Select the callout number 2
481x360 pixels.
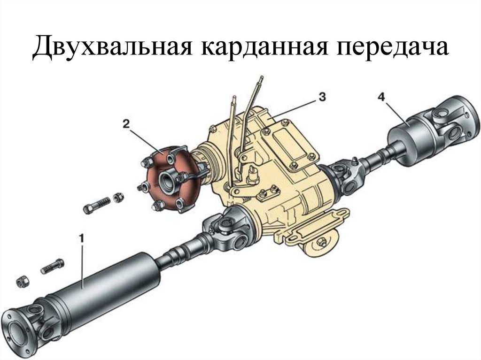click(126, 123)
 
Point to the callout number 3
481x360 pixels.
click(321, 97)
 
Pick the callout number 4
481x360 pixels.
click(381, 97)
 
